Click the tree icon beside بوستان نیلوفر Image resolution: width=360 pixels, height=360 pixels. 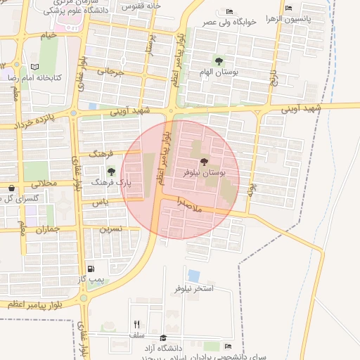click(205, 161)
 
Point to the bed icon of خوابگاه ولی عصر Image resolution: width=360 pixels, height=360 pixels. click(230, 12)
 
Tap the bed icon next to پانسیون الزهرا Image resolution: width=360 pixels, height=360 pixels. click(290, 8)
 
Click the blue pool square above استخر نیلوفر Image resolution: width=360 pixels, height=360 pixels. click(193, 276)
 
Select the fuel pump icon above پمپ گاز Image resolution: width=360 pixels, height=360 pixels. click(91, 269)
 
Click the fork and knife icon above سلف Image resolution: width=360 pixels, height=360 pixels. click(136, 324)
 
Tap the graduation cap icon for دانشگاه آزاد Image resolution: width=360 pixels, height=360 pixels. click(164, 337)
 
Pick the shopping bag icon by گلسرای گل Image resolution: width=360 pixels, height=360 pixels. click(11, 188)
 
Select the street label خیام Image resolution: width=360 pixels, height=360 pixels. click(49, 34)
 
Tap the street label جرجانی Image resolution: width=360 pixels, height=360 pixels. click(110, 72)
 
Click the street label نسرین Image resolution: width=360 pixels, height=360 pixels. click(110, 229)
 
